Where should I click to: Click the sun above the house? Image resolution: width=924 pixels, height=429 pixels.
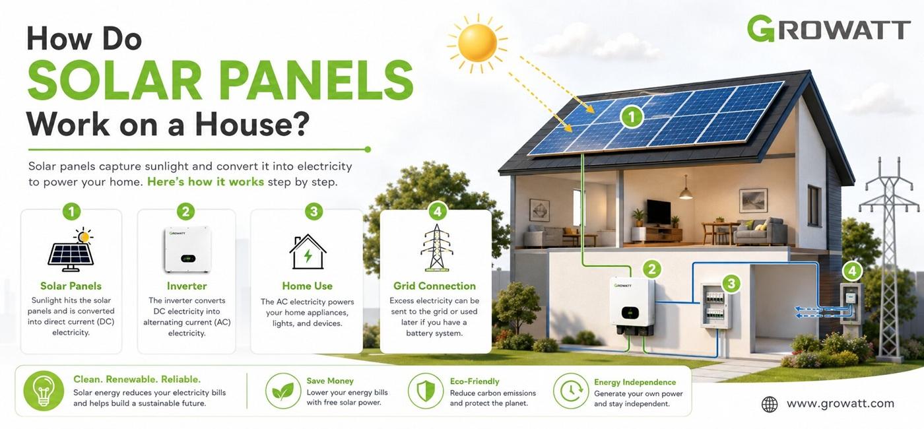[x=478, y=43]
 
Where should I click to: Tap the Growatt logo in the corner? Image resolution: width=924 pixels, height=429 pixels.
[x=829, y=29]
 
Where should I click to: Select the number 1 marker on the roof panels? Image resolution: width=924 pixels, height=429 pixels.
[x=632, y=117]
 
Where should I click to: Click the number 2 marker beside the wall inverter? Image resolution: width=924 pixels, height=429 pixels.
[x=652, y=269]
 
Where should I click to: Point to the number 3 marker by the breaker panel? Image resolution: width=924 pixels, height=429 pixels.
[x=731, y=283]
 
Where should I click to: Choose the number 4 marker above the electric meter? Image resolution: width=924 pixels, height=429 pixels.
[x=852, y=271]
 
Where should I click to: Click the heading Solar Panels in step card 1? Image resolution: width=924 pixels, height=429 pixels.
[x=71, y=286]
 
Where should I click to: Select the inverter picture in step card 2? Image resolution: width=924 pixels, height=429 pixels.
[x=187, y=249]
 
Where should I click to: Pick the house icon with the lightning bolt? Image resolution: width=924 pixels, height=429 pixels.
[x=308, y=251]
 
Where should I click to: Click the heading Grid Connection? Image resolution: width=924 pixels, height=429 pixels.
[x=434, y=286]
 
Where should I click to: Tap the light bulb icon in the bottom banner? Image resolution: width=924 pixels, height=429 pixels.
[x=44, y=391]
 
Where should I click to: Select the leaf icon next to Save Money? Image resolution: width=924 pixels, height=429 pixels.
[x=283, y=391]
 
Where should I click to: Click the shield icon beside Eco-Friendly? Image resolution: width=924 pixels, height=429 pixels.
[x=426, y=391]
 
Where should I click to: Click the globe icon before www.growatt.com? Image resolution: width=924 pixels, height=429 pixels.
[x=770, y=404]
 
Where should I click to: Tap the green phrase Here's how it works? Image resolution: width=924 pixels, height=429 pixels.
[x=205, y=182]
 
